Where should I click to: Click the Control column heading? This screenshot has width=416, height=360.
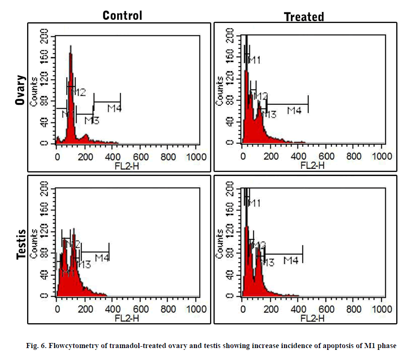[x=122, y=15]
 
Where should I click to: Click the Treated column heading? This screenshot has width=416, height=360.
[x=304, y=17]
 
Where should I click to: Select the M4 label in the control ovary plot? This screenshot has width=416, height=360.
[x=114, y=109]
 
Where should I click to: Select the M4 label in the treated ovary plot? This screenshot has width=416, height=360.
[x=294, y=110]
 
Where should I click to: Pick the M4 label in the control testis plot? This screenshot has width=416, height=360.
[x=102, y=258]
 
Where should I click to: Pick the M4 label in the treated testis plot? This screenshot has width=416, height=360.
[x=291, y=261]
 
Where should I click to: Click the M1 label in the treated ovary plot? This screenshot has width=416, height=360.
[x=255, y=60]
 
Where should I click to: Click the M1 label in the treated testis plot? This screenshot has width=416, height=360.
[x=254, y=203]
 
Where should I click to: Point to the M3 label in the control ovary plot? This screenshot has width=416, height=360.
[x=92, y=121]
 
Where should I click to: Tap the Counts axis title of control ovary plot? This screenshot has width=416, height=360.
[x=34, y=91]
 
